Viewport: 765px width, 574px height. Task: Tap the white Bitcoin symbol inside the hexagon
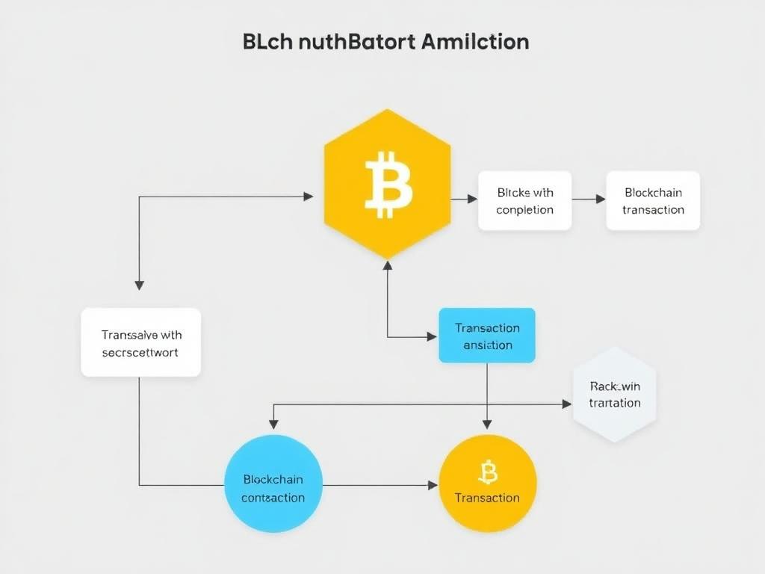pyautogui.click(x=388, y=184)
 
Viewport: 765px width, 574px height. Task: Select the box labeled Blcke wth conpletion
pyautogui.click(x=524, y=200)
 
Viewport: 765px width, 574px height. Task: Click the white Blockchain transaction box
pyautogui.click(x=653, y=200)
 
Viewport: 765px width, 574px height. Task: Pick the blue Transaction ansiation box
pyautogui.click(x=487, y=336)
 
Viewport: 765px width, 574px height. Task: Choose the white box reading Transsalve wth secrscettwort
pyautogui.click(x=140, y=342)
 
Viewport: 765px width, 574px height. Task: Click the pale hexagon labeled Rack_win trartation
pyautogui.click(x=614, y=394)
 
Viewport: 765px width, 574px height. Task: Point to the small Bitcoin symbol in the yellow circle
pyautogui.click(x=487, y=472)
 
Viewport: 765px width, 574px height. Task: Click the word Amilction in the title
pyautogui.click(x=475, y=41)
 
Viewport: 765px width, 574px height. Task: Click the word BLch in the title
pyautogui.click(x=267, y=41)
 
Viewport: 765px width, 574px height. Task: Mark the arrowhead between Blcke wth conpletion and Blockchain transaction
pyautogui.click(x=600, y=199)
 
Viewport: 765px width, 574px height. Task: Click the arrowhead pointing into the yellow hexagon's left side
pyautogui.click(x=309, y=197)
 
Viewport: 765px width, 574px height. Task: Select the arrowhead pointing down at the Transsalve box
pyautogui.click(x=139, y=285)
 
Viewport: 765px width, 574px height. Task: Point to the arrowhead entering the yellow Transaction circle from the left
pyautogui.click(x=433, y=485)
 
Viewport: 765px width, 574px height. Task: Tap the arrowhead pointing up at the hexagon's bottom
pyautogui.click(x=387, y=265)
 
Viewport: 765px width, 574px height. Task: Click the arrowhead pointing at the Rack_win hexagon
pyautogui.click(x=566, y=404)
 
